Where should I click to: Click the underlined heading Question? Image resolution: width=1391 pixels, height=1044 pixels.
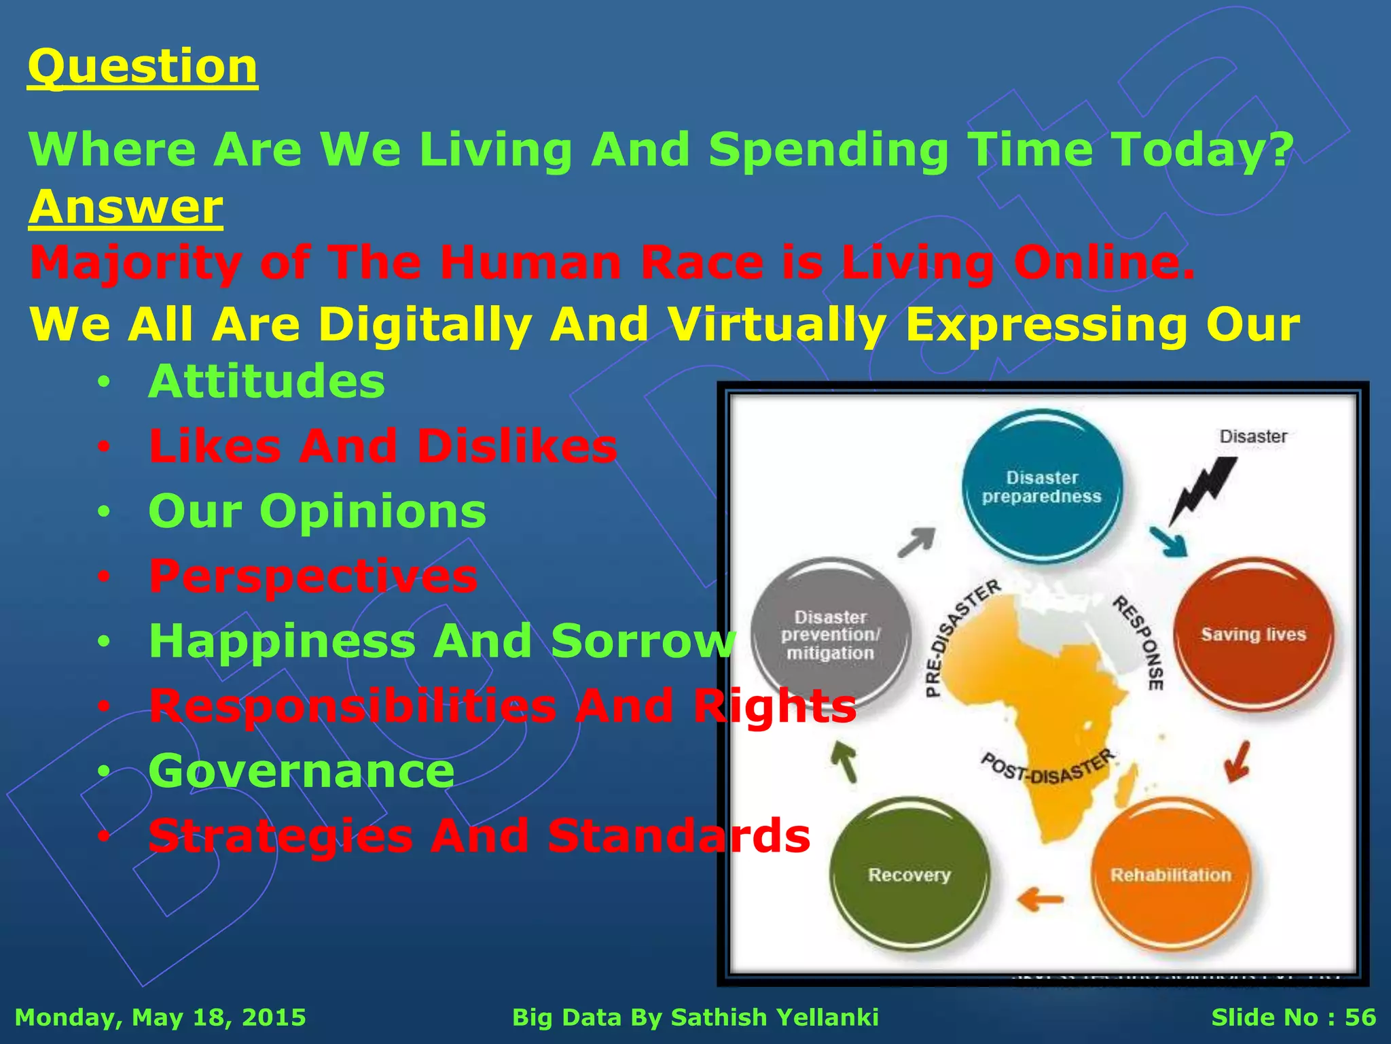[143, 67]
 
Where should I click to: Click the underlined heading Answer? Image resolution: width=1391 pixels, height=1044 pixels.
[126, 207]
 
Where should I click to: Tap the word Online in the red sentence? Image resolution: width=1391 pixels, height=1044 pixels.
[1104, 262]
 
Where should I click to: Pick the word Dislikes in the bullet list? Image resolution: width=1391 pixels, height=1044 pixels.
[517, 447]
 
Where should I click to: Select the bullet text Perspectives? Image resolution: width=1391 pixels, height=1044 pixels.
[313, 576]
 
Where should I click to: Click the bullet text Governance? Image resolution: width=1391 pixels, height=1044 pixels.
[302, 771]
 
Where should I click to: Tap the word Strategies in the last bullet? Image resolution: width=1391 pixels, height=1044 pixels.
[281, 835]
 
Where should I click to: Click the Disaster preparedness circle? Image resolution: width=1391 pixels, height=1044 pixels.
[1042, 487]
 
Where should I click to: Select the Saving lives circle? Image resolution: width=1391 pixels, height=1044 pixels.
[1253, 634]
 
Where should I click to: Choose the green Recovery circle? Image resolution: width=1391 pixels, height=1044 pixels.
[909, 874]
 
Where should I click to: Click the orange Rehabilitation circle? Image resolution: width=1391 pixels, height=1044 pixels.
[1170, 874]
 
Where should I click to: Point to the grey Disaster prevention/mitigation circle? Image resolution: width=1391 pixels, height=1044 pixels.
[830, 634]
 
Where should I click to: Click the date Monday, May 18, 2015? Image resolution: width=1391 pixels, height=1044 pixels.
[160, 1017]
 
